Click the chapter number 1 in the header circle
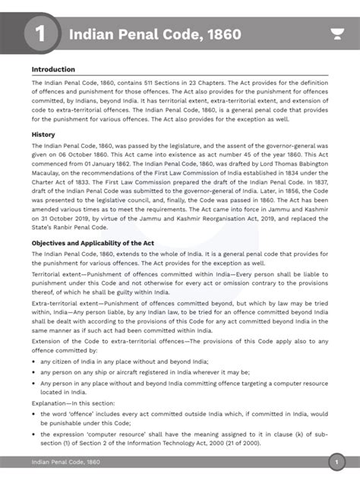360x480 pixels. (39, 35)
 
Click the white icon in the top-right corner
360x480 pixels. (336, 35)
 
